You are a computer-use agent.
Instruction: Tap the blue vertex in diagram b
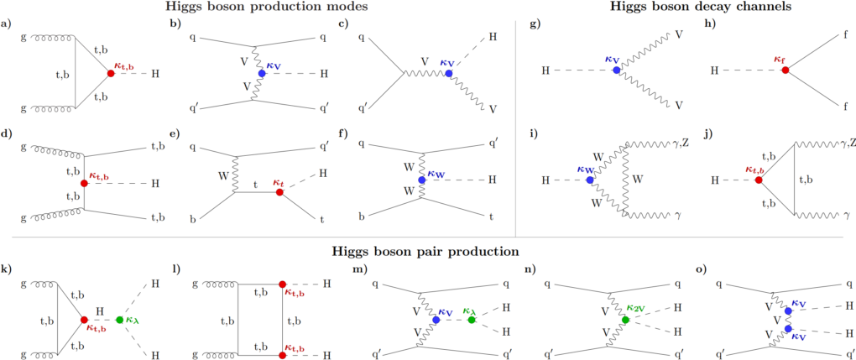tap(263, 73)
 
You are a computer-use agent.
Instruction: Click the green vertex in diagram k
tap(121, 320)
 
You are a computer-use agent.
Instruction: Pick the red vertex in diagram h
tap(785, 71)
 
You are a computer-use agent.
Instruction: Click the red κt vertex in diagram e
tap(279, 192)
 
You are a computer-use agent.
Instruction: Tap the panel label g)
tap(534, 23)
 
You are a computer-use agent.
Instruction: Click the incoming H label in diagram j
tap(715, 180)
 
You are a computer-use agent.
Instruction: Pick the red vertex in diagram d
tap(85, 181)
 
